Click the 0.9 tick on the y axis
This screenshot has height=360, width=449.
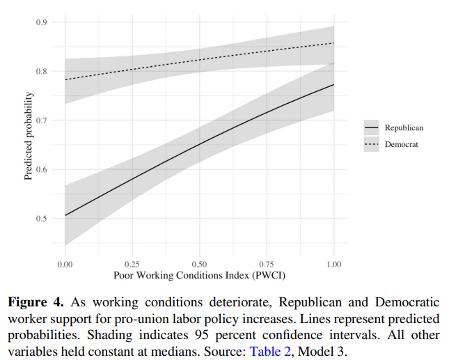42,22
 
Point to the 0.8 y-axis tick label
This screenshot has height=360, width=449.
42,71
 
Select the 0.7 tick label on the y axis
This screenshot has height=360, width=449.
42,120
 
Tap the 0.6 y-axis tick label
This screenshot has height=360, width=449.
42,169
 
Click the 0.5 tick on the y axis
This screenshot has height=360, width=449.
42,219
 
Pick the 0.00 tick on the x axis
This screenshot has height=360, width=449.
65,265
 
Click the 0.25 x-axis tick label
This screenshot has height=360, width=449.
132,265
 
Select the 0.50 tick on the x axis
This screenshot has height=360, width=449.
199,265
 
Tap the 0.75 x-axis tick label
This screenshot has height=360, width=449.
267,265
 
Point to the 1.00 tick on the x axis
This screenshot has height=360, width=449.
334,265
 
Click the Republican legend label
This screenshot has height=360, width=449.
404,128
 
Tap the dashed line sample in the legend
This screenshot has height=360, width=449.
372,144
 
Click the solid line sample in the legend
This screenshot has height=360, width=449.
372,128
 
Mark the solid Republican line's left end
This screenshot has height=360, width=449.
65,215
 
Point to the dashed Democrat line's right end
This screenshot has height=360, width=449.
334,43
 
